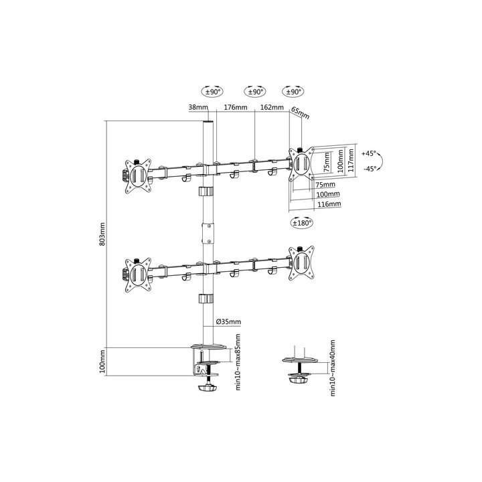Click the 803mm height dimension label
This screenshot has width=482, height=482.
coord(103,234)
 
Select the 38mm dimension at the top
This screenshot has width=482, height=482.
coord(198,107)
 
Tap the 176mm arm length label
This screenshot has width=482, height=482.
coord(236,107)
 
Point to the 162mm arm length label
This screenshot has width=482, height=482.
coord(272,107)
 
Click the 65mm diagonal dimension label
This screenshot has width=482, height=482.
coord(300,113)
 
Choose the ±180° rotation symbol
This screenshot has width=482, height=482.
coord(302,222)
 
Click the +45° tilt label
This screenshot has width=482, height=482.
coord(369,153)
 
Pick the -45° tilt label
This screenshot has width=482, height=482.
coord(370,169)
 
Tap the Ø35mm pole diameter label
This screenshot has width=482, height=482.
coord(229,322)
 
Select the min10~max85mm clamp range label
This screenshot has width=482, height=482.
coord(238,361)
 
